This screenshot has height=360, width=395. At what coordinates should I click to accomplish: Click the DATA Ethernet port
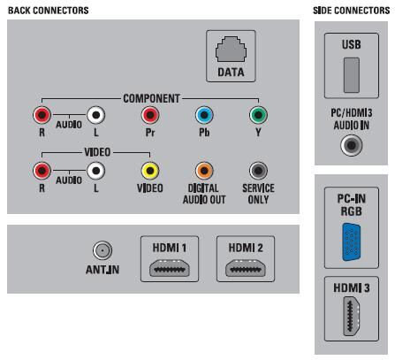pyautogui.click(x=231, y=49)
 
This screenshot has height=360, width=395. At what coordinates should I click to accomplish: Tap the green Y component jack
pyautogui.click(x=258, y=115)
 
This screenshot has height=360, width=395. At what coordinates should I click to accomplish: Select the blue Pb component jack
pyautogui.click(x=204, y=115)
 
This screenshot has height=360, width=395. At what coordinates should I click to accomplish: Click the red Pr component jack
pyautogui.click(x=150, y=115)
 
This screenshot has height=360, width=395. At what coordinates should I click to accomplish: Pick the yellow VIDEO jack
pyautogui.click(x=150, y=171)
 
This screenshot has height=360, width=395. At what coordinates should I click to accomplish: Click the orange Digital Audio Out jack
pyautogui.click(x=204, y=171)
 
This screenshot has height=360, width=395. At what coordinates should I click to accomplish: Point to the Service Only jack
pyautogui.click(x=258, y=171)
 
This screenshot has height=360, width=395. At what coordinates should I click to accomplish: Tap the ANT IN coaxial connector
pyautogui.click(x=103, y=250)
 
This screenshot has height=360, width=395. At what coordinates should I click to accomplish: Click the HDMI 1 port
pyautogui.click(x=170, y=268)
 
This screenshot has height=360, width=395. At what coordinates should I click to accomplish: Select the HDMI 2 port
pyautogui.click(x=246, y=268)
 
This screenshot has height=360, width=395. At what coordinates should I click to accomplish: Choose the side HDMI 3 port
pyautogui.click(x=352, y=316)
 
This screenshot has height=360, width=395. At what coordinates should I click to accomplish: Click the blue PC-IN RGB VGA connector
pyautogui.click(x=352, y=242)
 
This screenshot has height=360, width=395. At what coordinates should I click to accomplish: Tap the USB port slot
pyautogui.click(x=352, y=75)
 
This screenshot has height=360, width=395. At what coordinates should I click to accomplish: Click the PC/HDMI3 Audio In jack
pyautogui.click(x=352, y=145)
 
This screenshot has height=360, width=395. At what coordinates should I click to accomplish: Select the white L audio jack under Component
pyautogui.click(x=96, y=115)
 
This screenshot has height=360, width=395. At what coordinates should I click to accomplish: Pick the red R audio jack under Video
pyautogui.click(x=42, y=171)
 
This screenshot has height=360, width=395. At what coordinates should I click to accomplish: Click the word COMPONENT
pyautogui.click(x=151, y=98)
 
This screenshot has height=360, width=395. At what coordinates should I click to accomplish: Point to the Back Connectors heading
pyautogui.click(x=49, y=11)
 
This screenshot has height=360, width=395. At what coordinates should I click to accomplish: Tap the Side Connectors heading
pyautogui.click(x=352, y=11)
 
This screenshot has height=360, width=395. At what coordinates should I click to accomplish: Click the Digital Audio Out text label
pyautogui.click(x=204, y=194)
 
